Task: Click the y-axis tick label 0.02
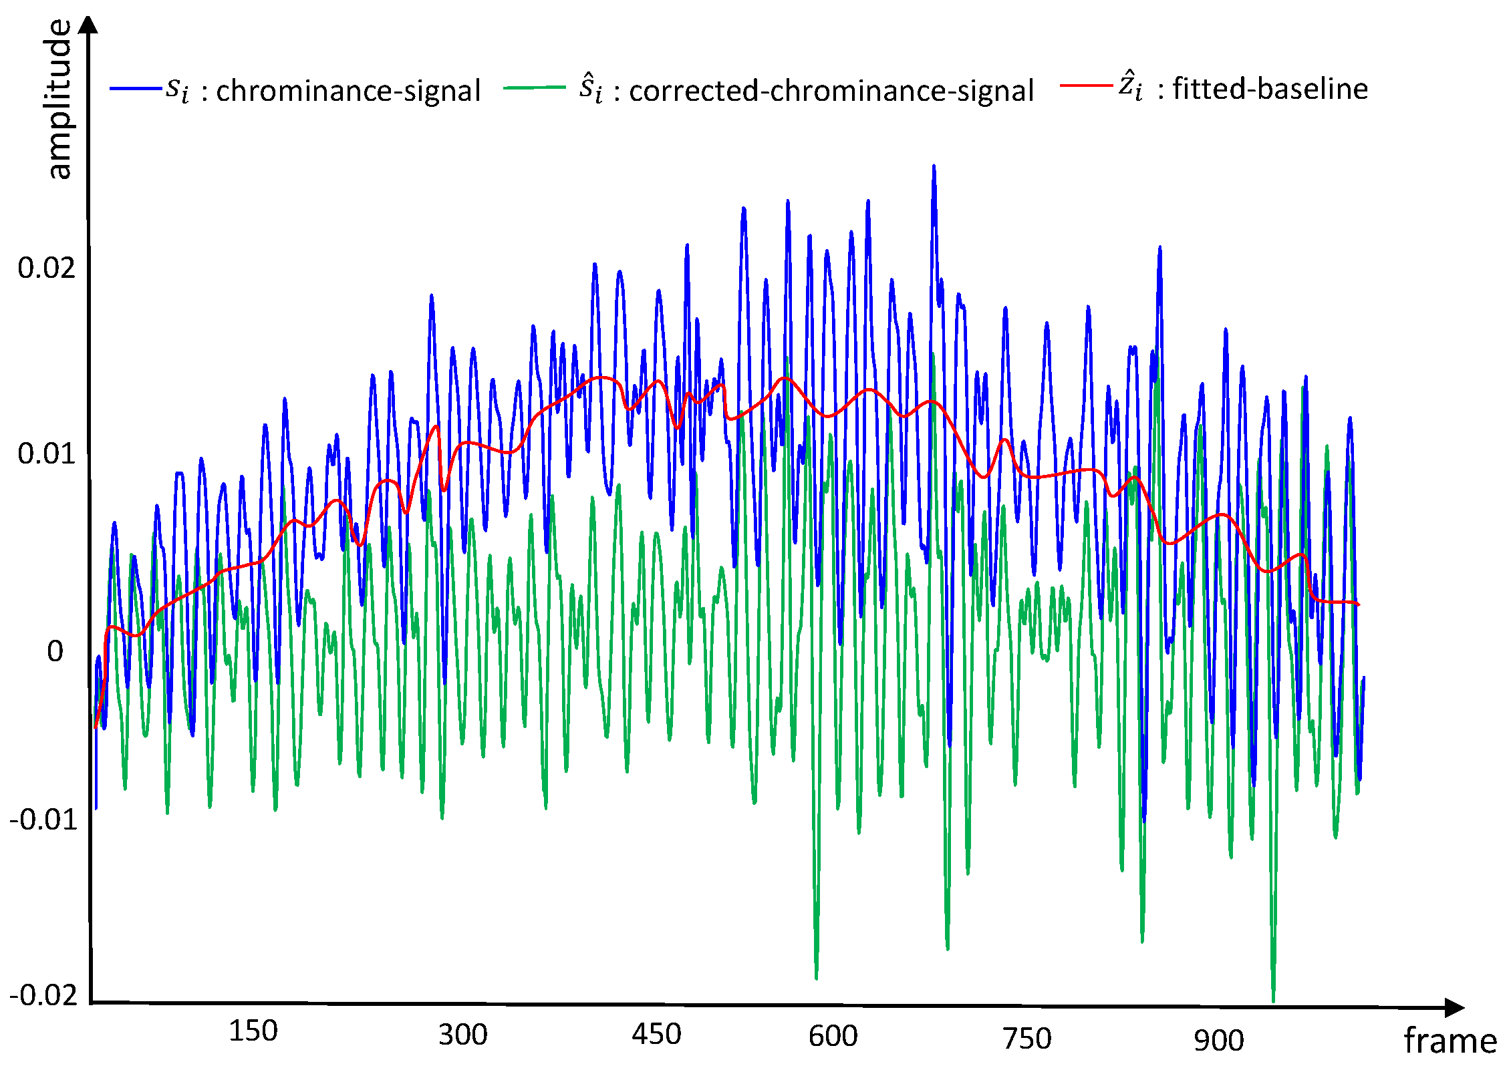point(46,268)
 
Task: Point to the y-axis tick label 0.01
point(46,454)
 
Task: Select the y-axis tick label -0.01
point(43,820)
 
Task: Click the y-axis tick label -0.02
point(43,995)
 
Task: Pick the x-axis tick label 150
point(253,1031)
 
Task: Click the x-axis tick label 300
point(462,1035)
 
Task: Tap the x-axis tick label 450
point(656,1034)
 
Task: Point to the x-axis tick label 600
point(833,1036)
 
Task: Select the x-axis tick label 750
point(1027,1039)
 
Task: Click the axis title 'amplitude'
point(60,99)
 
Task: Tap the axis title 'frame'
point(1450,1041)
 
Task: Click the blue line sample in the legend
point(136,89)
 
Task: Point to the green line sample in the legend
point(535,88)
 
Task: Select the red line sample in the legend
point(1086,85)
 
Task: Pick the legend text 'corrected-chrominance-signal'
point(831,91)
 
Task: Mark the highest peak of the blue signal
point(934,166)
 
